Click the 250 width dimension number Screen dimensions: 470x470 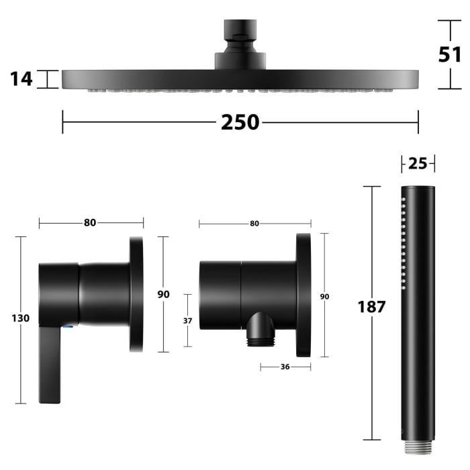pos(240,122)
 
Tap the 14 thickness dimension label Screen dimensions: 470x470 pos(21,79)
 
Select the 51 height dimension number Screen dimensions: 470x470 pos(449,54)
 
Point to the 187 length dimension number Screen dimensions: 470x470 pos(371,308)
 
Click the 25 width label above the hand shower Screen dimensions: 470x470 pos(418,164)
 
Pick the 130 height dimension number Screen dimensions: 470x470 pos(21,318)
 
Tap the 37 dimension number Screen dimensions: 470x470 pos(187,321)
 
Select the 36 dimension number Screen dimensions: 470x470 pos(285,367)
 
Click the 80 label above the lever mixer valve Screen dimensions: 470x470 pos(90,223)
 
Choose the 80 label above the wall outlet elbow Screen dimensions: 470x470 pos(254,224)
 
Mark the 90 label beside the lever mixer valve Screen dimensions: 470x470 pos(163,294)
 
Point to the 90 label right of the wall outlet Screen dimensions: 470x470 pos(324,296)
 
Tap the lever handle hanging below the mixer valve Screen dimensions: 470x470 pos(50,366)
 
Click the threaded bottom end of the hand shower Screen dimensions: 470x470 pos(418,446)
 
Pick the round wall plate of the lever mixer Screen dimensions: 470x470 pos(136,294)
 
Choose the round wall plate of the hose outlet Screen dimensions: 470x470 pos(303,294)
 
